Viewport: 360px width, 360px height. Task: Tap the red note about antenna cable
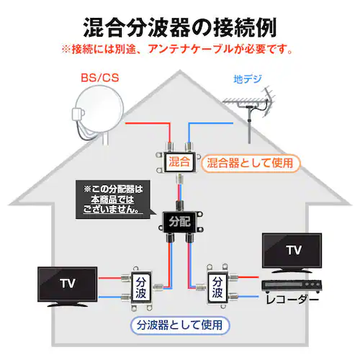click(179, 50)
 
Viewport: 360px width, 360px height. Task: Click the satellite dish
click(97, 115)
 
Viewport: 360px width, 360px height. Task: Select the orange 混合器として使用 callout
click(249, 163)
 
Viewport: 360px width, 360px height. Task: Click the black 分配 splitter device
click(178, 220)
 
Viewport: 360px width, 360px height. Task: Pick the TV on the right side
click(292, 251)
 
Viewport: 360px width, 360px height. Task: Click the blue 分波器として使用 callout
click(181, 325)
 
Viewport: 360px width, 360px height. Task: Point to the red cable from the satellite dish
click(144, 124)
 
